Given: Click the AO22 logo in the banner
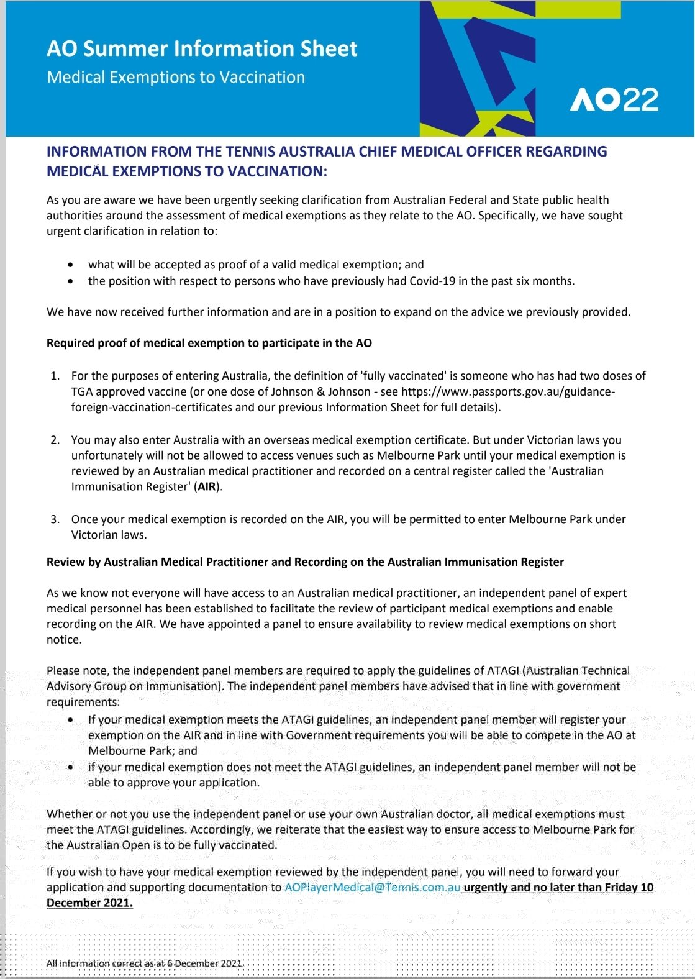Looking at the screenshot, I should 614,99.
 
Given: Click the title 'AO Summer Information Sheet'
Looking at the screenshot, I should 202,48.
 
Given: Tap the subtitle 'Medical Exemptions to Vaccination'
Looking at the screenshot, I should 176,77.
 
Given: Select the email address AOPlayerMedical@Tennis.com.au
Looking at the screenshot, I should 372,887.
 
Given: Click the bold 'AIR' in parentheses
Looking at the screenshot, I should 207,486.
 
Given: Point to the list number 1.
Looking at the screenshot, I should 55,376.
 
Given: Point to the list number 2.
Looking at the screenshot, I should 55,440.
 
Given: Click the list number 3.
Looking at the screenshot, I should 55,519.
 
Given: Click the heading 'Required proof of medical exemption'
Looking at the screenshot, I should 209,343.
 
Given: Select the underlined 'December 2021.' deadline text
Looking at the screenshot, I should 89,903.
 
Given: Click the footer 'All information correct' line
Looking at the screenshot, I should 145,963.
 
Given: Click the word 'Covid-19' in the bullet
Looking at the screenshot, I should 432,281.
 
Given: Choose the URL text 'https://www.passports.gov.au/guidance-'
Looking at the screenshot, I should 508,391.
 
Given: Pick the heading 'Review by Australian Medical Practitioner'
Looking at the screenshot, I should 305,562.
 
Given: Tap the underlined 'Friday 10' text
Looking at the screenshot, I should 629,887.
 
